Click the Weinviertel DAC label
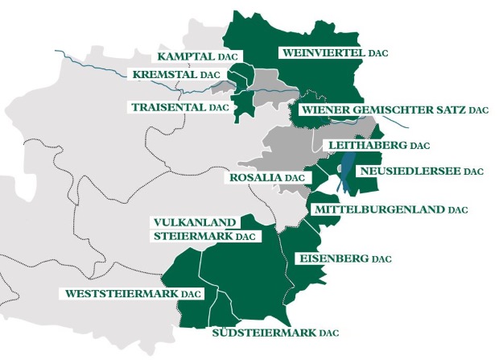point(333,52)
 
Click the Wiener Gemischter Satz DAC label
point(394,109)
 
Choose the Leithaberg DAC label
point(375,146)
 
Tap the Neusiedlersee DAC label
point(421,172)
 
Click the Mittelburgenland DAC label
point(390,209)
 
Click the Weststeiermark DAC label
point(133,294)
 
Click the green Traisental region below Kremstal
point(239,107)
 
